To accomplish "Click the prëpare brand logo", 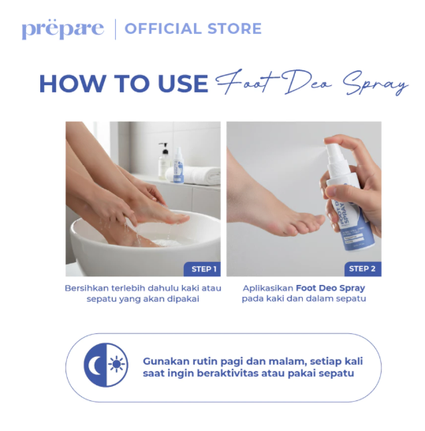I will pos(62,29).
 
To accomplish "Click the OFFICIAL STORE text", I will pos(193,29).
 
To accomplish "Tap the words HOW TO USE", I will pos(124,84).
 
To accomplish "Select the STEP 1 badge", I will pos(202,268).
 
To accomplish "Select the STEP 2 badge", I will pos(362,268).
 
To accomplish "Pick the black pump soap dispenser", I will pos(163,161).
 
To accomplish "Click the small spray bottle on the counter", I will pos(178,169).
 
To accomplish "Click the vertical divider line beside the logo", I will pos(116,29).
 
